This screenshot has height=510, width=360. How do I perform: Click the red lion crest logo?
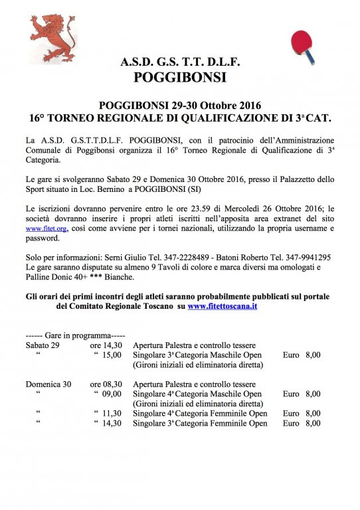tap(52, 39)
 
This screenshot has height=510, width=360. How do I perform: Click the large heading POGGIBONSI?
tap(180, 77)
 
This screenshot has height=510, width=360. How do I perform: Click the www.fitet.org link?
tap(44, 228)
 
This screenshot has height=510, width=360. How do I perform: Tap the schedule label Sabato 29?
tap(43, 345)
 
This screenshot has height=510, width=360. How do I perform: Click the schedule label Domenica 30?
tap(48, 384)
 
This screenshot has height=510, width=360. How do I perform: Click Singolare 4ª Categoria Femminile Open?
tap(200, 413)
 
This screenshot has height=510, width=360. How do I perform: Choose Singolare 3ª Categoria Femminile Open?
tap(200, 423)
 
